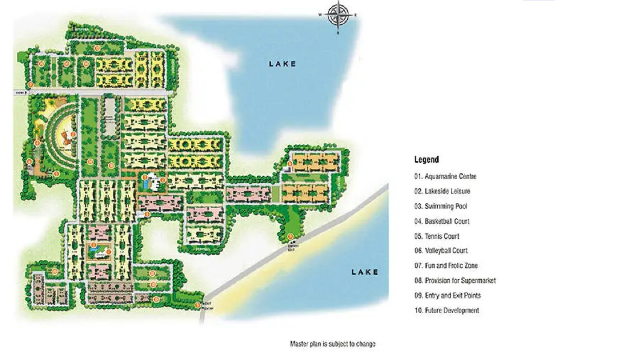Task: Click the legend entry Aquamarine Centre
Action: (x=445, y=176)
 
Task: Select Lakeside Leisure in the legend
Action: (x=442, y=191)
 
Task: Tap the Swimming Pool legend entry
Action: (x=441, y=206)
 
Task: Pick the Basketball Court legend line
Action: (x=442, y=221)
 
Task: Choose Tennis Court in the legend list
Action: (x=437, y=236)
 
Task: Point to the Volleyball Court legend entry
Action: (x=441, y=251)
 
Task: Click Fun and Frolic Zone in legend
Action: (x=446, y=265)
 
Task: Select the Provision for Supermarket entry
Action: (x=455, y=280)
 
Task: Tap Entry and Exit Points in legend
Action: (x=447, y=295)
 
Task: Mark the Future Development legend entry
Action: (x=447, y=310)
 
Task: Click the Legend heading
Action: (x=427, y=159)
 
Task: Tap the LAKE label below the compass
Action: (x=283, y=64)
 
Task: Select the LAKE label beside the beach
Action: (x=365, y=272)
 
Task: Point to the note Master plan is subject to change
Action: (x=332, y=344)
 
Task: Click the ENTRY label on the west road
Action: (x=21, y=93)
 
